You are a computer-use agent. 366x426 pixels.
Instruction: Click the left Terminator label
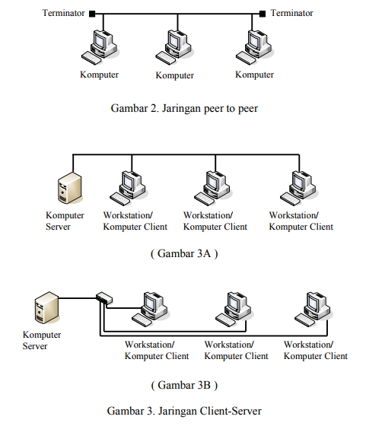coord(63,13)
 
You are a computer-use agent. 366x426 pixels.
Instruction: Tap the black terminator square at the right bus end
coord(263,13)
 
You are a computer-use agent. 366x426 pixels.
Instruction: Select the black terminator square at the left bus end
coord(92,13)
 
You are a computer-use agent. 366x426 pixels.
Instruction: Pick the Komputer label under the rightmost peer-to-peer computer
coord(254,75)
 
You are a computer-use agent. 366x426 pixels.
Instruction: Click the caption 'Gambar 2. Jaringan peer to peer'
coord(184,109)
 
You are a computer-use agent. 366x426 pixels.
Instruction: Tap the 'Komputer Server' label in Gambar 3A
coord(65,221)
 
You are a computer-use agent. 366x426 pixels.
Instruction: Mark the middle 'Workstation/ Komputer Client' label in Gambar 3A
coord(215,221)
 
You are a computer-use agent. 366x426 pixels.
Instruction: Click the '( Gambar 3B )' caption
coord(184,383)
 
